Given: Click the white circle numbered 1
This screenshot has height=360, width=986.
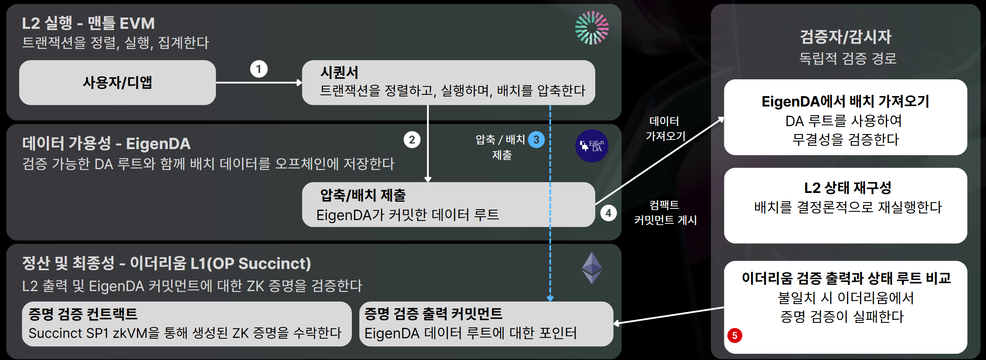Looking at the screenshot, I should [x=259, y=69].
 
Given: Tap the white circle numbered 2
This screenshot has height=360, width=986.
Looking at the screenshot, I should [x=412, y=139].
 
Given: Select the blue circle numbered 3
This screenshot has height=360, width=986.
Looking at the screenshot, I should [x=536, y=139].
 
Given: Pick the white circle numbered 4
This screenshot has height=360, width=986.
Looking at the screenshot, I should [x=608, y=213].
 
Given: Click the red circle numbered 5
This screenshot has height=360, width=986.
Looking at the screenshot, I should [x=735, y=335].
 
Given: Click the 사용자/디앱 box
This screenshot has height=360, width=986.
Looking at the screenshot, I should [x=117, y=83].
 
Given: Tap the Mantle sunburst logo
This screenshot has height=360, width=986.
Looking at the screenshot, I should [x=592, y=28].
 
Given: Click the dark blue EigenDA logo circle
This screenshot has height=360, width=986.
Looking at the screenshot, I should [x=592, y=146].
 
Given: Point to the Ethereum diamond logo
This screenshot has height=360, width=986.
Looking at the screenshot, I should [x=592, y=268].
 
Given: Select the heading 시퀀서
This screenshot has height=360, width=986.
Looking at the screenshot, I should [x=339, y=72].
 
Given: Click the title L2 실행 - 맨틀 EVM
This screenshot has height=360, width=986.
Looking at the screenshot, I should [x=88, y=23].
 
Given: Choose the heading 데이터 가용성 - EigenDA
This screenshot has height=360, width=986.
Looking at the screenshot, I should [x=106, y=144].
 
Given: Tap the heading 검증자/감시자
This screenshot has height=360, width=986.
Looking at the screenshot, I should [x=846, y=37].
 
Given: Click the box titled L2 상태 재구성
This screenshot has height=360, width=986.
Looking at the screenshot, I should [x=846, y=205].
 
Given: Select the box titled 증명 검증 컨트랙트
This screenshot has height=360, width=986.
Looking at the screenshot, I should [x=187, y=324].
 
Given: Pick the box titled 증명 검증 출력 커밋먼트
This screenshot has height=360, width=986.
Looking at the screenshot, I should [x=486, y=324].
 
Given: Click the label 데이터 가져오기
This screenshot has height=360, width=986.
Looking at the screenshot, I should [x=665, y=129].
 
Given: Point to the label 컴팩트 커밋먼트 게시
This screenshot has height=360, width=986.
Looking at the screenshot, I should [x=665, y=212].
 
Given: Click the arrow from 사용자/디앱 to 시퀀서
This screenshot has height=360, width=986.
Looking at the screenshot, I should [x=258, y=83].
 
